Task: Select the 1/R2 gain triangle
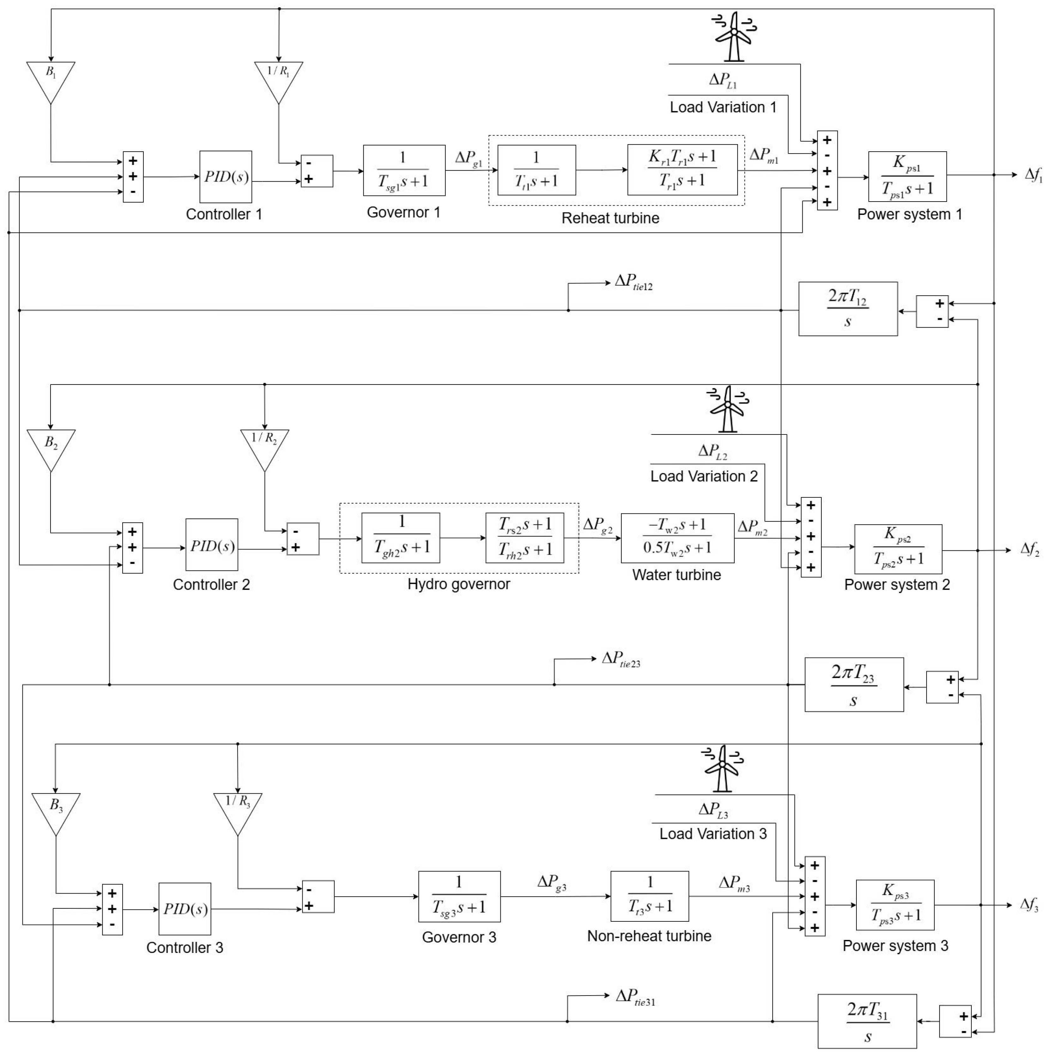pos(264,445)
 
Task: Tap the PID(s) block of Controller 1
pos(226,177)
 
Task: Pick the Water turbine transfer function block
pos(677,538)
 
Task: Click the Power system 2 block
pos(898,549)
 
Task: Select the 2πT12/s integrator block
pos(847,308)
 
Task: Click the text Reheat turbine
pos(610,218)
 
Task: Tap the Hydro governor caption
pos(459,584)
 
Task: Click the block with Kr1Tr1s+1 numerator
pos(682,170)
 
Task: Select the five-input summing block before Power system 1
pos(827,170)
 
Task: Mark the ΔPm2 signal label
pos(752,528)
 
